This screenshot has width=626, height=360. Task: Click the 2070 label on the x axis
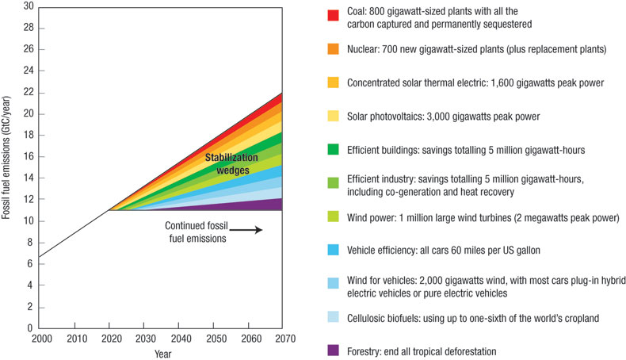coord(283,339)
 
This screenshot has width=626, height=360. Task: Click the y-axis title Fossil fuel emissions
coord(7,167)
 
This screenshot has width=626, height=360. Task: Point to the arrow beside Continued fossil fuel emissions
coord(247,230)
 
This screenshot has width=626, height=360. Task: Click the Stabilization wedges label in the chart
coord(231,163)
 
